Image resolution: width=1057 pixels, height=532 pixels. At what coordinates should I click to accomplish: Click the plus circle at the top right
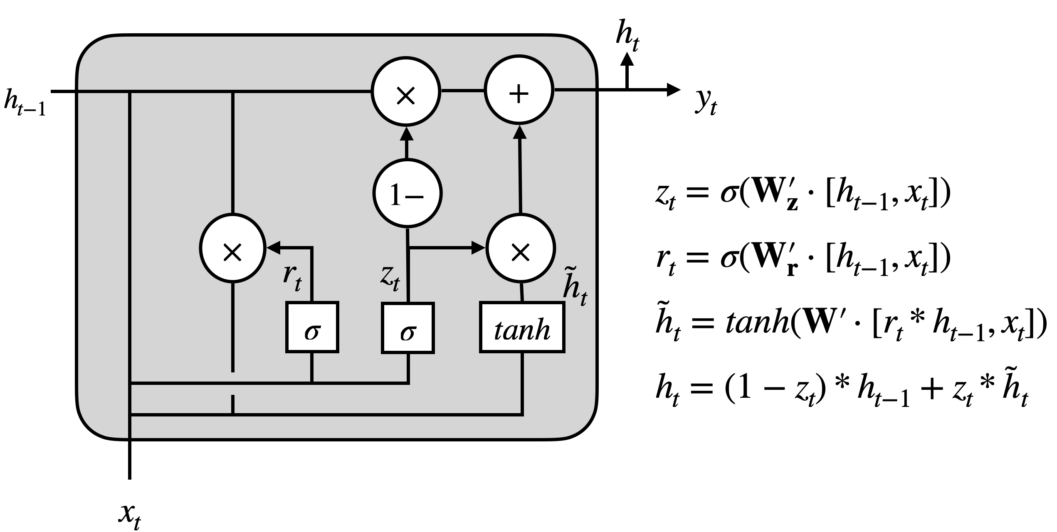coord(519,90)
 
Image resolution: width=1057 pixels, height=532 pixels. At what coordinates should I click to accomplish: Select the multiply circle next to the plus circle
coord(406,91)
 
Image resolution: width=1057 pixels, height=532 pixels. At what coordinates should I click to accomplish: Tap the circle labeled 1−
coord(407,193)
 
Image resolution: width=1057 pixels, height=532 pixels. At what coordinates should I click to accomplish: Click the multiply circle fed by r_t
coord(233,248)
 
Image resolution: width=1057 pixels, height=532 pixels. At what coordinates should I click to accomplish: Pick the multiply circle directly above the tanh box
coord(521,248)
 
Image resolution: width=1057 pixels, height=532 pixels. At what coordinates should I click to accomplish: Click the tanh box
coord(522,328)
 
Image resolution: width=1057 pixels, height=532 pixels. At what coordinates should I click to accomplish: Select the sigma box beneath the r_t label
coord(312,328)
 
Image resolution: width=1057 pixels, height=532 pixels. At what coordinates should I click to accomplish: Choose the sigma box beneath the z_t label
coord(408,328)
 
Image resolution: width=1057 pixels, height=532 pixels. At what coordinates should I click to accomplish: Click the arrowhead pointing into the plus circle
coord(519,132)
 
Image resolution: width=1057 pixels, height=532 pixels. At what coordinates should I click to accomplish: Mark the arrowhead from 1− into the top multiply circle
coord(406,133)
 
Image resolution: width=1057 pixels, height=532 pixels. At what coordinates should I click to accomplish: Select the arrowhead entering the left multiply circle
coord(274,248)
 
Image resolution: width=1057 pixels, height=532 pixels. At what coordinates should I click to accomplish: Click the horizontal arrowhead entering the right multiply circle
coord(479,248)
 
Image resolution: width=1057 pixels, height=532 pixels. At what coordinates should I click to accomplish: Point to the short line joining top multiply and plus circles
coord(462,90)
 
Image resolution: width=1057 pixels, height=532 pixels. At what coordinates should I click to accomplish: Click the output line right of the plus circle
coord(575,89)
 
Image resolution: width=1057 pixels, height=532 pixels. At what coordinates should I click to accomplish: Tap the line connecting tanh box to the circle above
coord(522,292)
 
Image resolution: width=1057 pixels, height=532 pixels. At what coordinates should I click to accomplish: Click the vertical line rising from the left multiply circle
coord(233,154)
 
